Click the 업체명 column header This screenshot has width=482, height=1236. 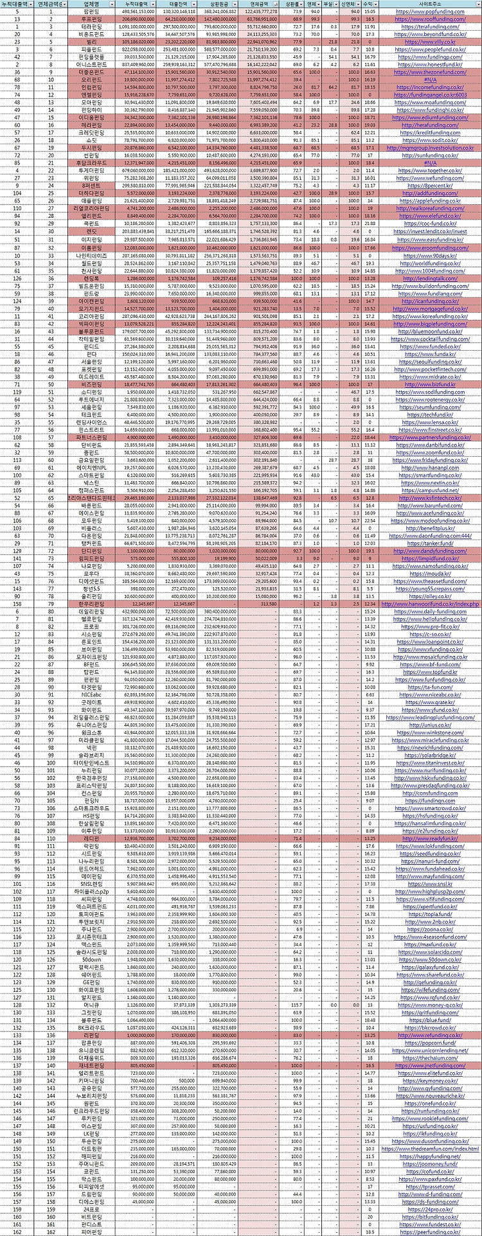coord(91,4)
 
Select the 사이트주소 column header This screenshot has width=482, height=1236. coord(429,4)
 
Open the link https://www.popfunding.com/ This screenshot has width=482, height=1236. coord(429,12)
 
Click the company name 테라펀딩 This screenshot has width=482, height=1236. coord(91,27)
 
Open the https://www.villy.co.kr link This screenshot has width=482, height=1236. coord(429,42)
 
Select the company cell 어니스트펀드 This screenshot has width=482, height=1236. coord(91,64)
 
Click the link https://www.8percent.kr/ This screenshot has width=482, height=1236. coord(429,185)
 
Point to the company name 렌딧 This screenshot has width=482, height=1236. coord(91,231)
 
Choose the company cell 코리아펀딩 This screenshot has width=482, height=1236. coord(91,316)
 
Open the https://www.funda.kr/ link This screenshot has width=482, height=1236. coord(429,353)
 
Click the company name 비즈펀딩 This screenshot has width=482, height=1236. coord(91,384)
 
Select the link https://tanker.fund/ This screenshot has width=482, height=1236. coord(429,543)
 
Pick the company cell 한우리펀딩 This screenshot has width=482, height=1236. coord(91,604)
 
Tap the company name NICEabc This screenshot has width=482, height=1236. coord(91,694)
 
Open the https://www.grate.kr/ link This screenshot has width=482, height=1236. coord(429,702)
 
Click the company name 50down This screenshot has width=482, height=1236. coord(91,959)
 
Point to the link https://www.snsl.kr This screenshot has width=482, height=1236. coord(429,883)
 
